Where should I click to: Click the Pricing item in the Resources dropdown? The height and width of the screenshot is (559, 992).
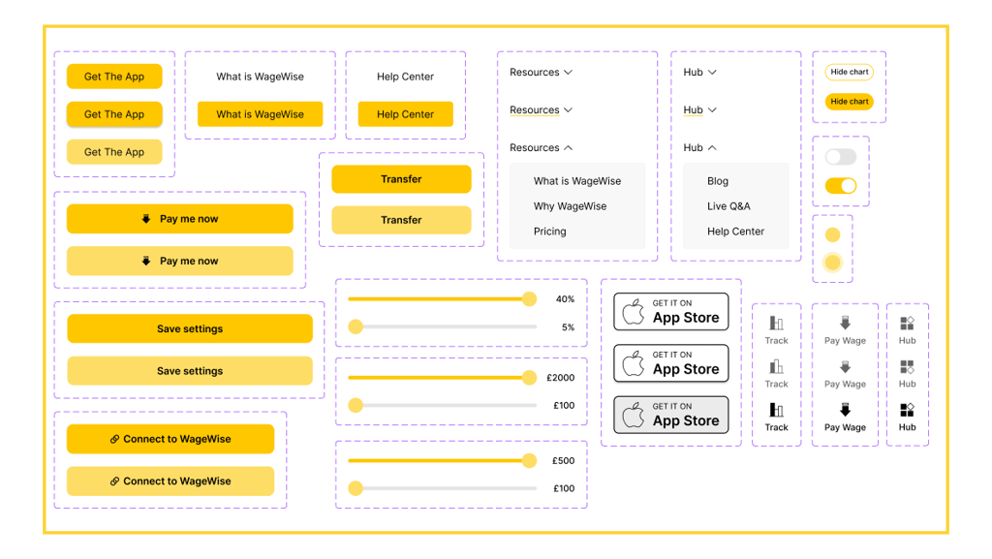(549, 232)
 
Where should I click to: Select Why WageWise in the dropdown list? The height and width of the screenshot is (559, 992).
(570, 206)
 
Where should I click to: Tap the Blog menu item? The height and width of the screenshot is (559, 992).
(718, 181)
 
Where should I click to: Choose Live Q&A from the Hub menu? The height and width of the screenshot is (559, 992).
(728, 206)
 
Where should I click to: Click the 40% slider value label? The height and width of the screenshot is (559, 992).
(565, 299)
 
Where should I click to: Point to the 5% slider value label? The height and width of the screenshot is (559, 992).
(568, 327)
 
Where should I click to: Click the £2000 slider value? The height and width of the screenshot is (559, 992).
(561, 378)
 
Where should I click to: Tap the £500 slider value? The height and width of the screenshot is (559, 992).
(563, 460)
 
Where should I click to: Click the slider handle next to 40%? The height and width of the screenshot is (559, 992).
(530, 299)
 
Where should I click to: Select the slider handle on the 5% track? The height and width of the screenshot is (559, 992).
(356, 326)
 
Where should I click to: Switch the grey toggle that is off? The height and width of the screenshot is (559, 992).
(841, 157)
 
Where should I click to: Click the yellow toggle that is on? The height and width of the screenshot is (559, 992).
(841, 185)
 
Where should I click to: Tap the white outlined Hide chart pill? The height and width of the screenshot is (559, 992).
(849, 72)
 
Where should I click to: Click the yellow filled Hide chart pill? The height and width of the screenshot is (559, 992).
(849, 101)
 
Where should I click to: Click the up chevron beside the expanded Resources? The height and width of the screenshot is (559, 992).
(568, 147)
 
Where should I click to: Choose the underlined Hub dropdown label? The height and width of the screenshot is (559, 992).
(693, 110)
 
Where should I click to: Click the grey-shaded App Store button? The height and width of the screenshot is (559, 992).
(670, 415)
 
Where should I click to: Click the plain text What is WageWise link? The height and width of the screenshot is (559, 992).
(260, 77)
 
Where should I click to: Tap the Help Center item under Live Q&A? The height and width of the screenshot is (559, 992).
(735, 232)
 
